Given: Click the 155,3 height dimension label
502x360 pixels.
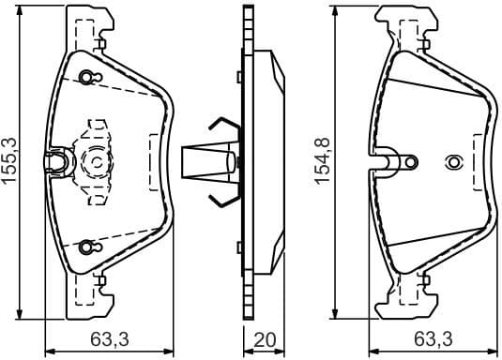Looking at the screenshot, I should (10, 160).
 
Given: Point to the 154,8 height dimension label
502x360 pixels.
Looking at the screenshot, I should (322, 160).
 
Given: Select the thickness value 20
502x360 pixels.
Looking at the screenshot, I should (265, 339).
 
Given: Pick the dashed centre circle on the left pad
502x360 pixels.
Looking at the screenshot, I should (98, 162).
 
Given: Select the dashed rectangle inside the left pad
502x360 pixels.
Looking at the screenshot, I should (155, 162).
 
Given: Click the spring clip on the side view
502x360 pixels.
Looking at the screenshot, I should (218, 161).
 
